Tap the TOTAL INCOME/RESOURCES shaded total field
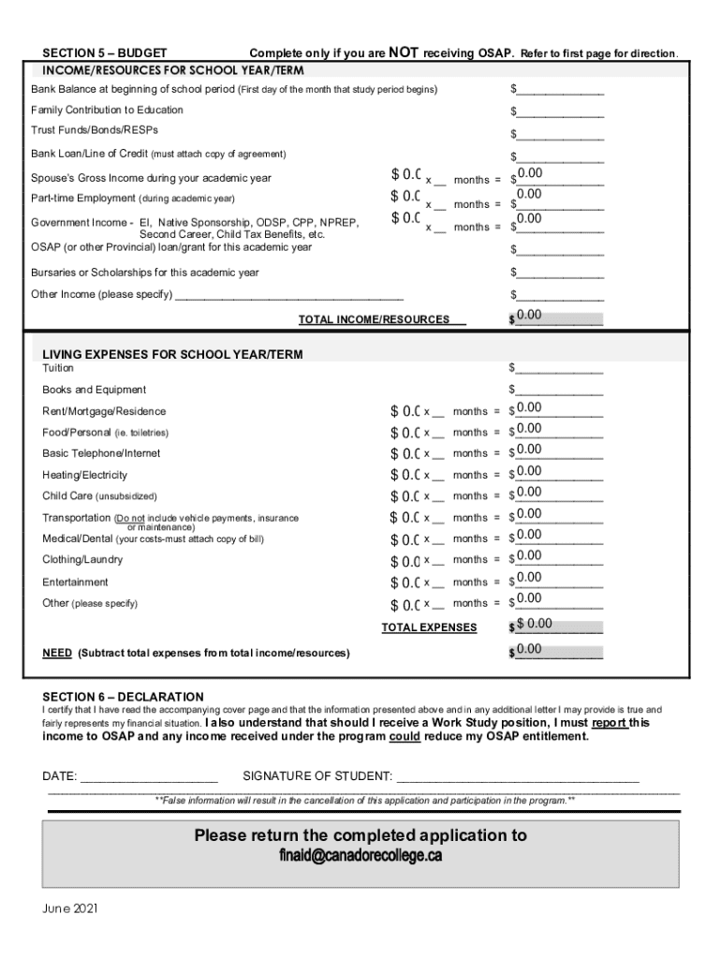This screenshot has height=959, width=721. tap(559, 317)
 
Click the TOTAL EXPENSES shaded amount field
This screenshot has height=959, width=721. tap(559, 626)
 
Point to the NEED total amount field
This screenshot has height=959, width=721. tap(559, 651)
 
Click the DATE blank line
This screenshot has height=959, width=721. tap(149, 776)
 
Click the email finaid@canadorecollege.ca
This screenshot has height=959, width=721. tap(360, 857)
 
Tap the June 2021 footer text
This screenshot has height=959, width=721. tap(70, 908)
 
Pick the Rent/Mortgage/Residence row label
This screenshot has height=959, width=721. tap(104, 411)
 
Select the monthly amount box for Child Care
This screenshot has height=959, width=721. tap(405, 496)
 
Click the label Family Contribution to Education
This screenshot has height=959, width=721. tap(108, 111)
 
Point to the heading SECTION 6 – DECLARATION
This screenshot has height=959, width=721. tap(123, 697)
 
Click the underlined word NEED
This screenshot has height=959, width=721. tap(57, 653)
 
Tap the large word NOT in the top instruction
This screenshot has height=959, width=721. tap(403, 52)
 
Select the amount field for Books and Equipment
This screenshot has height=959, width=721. tap(559, 390)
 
